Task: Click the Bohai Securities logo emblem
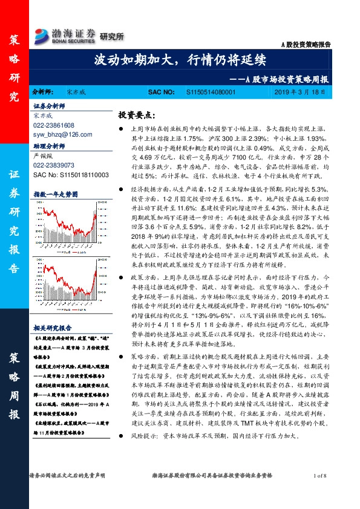pos(42,34)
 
